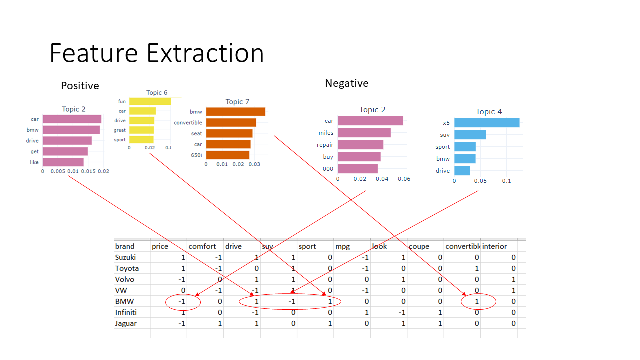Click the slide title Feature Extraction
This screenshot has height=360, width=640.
click(156, 53)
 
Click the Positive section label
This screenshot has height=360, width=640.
click(80, 86)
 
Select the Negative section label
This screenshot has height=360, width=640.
click(346, 83)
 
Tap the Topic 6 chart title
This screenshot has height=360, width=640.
click(157, 92)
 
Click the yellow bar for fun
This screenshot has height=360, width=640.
click(150, 101)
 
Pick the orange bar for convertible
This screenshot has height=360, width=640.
click(231, 122)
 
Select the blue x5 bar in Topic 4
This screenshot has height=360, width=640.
click(487, 123)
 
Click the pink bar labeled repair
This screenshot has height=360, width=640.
click(360, 145)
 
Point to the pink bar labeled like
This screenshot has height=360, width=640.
click(63, 162)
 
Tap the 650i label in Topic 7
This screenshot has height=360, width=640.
click(196, 155)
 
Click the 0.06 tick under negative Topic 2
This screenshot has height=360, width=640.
click(404, 179)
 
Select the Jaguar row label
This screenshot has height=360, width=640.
click(126, 323)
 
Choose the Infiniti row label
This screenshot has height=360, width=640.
click(126, 312)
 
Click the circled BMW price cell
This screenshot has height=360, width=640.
click(182, 302)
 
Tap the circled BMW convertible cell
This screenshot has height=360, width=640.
click(477, 302)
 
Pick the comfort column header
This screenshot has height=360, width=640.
click(202, 246)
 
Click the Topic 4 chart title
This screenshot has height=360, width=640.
click(488, 112)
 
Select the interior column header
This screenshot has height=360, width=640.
click(494, 246)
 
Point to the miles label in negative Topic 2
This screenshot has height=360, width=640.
click(326, 133)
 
